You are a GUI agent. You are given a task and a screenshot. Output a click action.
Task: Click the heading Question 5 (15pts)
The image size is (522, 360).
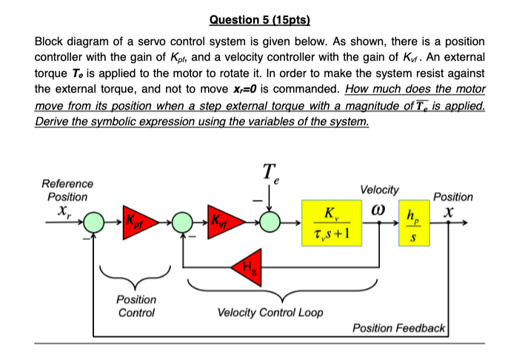261,19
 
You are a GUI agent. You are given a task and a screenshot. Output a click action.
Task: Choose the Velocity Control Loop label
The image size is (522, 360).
270,312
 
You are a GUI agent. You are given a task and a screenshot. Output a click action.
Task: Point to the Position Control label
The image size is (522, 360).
136,306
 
